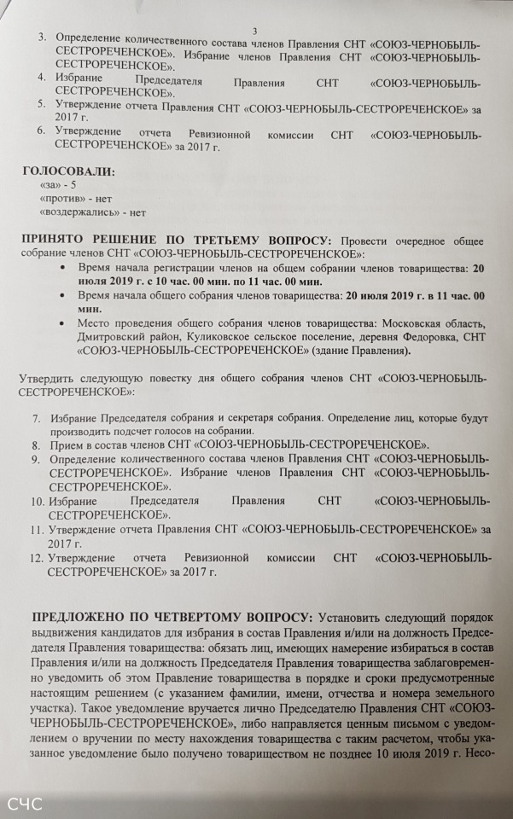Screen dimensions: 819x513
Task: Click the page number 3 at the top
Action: click(255, 31)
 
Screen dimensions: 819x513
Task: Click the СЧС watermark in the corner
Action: click(25, 804)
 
